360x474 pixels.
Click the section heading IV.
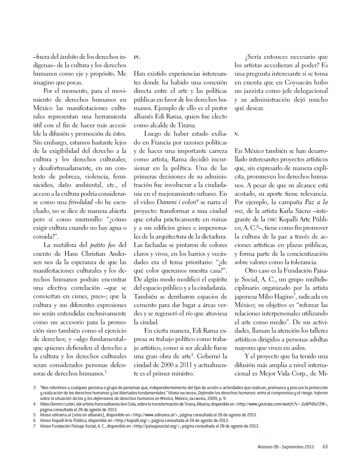137,58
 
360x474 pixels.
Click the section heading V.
236,134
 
